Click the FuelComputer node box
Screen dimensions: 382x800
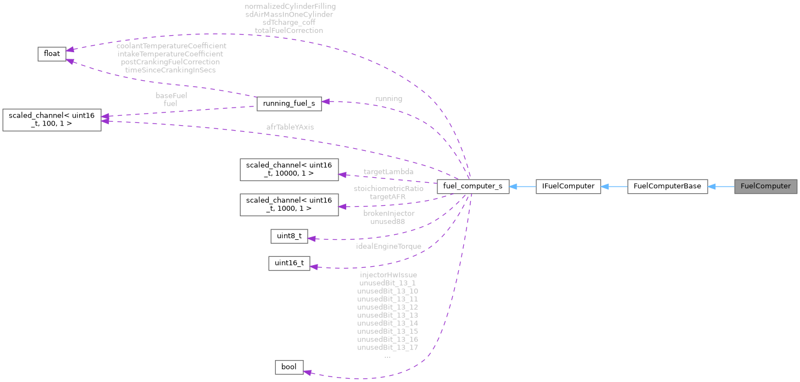click(765, 186)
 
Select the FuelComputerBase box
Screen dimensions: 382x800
click(667, 186)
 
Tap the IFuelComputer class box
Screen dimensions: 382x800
click(568, 186)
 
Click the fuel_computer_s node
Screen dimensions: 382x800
click(473, 186)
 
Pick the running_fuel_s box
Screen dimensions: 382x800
click(288, 103)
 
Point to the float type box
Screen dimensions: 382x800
click(52, 53)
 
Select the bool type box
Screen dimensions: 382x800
click(288, 367)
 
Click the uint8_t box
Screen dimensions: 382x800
click(288, 236)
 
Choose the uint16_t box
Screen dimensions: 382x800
click(289, 263)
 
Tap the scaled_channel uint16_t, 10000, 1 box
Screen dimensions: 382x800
click(289, 169)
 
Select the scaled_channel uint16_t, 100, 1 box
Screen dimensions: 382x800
click(52, 120)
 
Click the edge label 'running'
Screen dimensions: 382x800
click(388, 99)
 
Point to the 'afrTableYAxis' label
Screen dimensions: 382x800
click(290, 127)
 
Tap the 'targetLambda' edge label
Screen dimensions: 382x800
click(388, 172)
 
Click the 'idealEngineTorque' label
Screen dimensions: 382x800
click(388, 246)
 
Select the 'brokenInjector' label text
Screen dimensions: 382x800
click(388, 213)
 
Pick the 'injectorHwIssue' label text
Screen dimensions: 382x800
click(388, 275)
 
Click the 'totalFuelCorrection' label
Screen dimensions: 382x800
click(290, 31)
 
